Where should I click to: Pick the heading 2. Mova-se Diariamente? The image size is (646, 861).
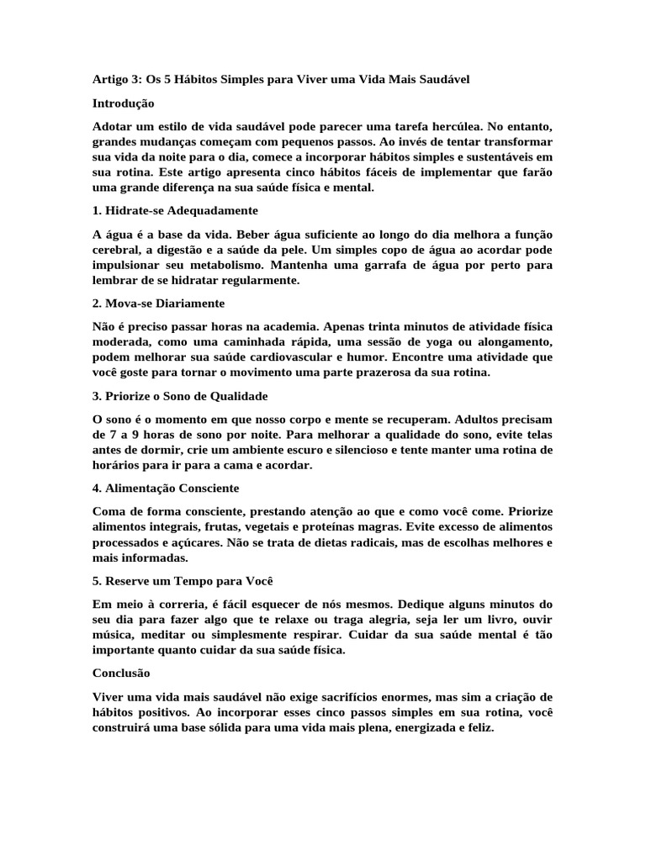[x=159, y=303]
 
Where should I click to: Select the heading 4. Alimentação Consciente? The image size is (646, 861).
[x=166, y=488]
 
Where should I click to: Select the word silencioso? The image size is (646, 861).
[x=344, y=449]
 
